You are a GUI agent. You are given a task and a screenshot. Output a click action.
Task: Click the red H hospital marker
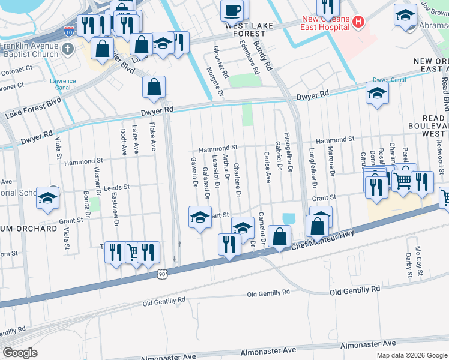358,22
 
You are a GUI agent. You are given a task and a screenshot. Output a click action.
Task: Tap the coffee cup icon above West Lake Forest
232,10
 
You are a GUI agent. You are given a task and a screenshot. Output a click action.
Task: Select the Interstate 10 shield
70,29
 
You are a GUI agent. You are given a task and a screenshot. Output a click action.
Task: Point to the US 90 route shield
161,274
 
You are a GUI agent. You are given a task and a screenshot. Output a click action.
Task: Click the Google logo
20,353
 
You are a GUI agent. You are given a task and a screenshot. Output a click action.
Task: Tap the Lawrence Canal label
62,84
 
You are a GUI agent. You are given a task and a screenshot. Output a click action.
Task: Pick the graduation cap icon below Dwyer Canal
377,92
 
